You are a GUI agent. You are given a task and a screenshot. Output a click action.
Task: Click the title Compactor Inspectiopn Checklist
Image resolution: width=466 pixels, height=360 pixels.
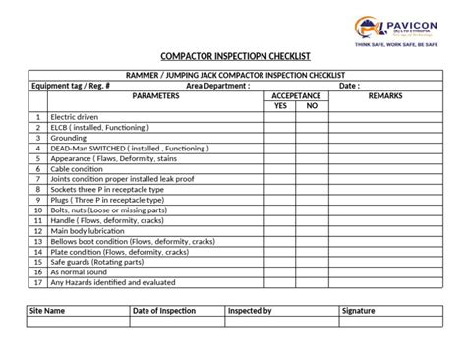pos(233,57)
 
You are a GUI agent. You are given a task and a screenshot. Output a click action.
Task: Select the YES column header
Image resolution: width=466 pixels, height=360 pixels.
pos(280,105)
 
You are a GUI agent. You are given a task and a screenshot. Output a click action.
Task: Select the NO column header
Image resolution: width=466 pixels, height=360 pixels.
pos(311,105)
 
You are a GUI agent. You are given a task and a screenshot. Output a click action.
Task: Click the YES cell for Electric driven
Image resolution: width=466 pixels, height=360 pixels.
pos(280,117)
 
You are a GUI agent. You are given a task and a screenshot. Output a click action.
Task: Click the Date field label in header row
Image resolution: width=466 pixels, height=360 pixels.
pos(349,86)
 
